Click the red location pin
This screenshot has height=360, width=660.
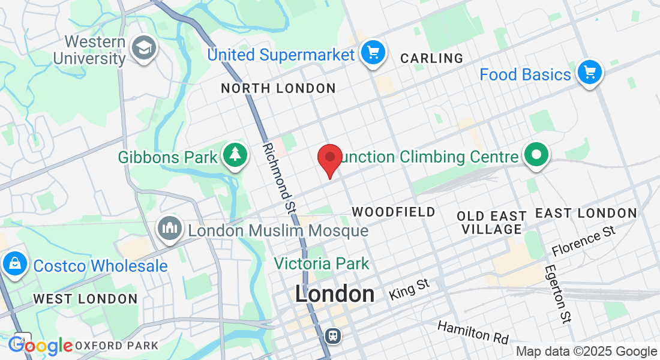[x=329, y=158]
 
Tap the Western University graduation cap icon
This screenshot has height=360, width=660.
[x=144, y=49]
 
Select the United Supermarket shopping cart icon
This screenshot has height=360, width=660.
[x=373, y=53]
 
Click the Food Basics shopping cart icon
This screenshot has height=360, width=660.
[x=589, y=73]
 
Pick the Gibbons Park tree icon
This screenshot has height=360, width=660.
[x=235, y=155]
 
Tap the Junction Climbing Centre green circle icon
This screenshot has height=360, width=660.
[x=536, y=155]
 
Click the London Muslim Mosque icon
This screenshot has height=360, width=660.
[x=170, y=228]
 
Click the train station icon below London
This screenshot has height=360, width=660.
[x=331, y=335]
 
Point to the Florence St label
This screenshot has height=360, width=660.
[x=584, y=241]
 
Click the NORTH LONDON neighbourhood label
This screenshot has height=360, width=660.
[x=278, y=89]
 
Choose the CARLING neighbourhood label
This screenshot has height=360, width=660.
[x=431, y=58]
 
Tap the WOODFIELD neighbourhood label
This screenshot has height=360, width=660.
[x=393, y=212]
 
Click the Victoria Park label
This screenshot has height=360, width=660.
[x=322, y=263]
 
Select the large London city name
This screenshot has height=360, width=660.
[x=335, y=294]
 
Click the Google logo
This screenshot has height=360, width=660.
[x=40, y=346]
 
